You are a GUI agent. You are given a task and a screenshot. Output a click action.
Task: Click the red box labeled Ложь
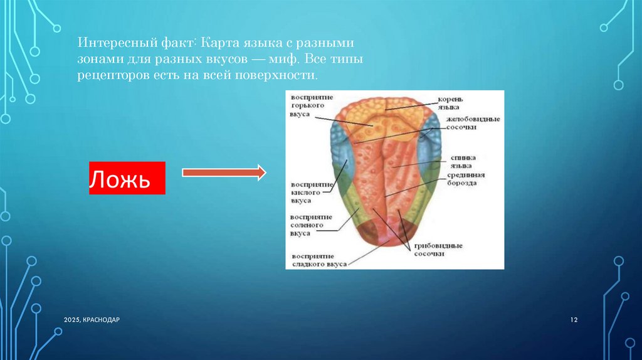[127, 177]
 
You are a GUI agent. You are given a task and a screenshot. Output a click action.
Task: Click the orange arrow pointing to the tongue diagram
[224, 172]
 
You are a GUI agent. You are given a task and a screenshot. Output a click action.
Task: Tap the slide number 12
[574, 320]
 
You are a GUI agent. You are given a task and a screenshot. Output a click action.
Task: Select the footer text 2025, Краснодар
[92, 320]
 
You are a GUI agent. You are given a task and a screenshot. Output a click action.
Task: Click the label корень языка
[450, 103]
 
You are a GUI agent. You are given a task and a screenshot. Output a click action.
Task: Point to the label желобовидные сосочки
[473, 124]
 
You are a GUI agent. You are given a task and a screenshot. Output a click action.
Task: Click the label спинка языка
[463, 161]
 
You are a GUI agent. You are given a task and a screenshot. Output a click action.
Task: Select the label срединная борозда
[466, 179]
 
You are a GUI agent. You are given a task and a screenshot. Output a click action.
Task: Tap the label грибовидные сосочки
[438, 250]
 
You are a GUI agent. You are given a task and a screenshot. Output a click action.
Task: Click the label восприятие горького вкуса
[312, 105]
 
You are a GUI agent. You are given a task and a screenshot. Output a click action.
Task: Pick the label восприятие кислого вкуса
[312, 193]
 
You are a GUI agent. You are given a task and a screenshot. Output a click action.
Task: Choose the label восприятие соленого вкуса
[311, 225]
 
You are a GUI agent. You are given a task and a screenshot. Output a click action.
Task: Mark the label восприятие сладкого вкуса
[319, 260]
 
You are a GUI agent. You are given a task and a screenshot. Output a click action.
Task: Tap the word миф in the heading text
[283, 60]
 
